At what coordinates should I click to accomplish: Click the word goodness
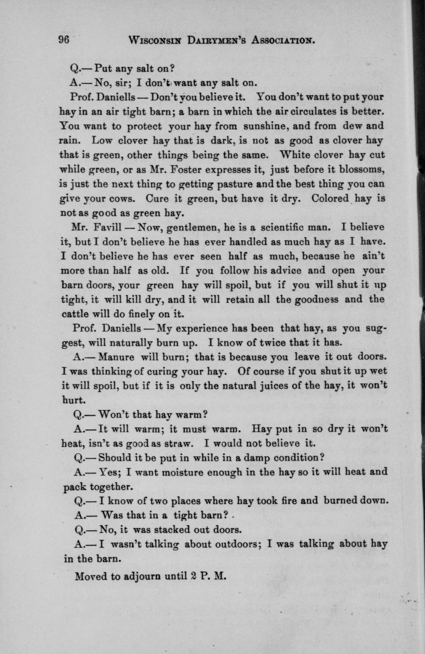(x=325, y=299)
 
